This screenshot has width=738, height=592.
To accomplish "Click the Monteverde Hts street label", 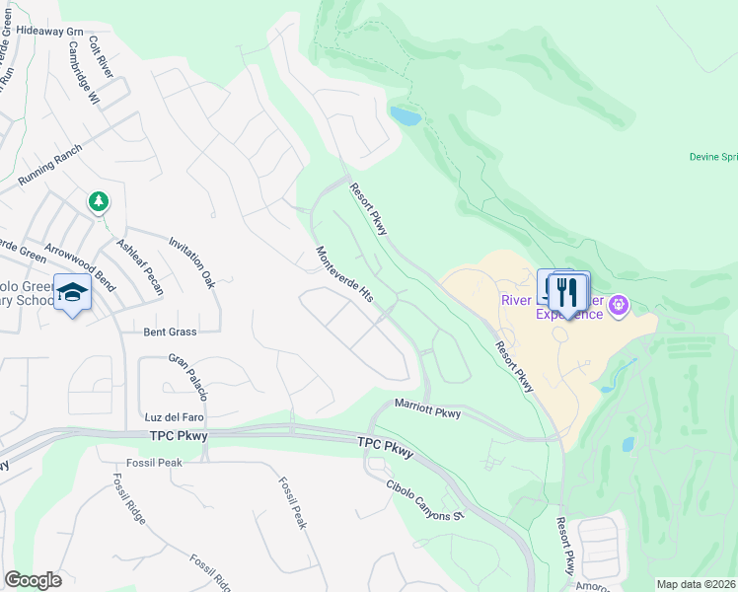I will tap(343, 273).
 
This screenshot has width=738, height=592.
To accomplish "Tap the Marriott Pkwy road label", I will tap(428, 408).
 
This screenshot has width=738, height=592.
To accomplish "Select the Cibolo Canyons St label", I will tap(425, 502).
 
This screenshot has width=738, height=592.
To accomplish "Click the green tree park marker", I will tap(98, 202).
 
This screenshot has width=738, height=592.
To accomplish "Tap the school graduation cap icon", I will tap(72, 292).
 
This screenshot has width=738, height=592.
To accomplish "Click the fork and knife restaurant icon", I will tap(567, 291).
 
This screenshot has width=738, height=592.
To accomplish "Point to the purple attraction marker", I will tap(619, 305).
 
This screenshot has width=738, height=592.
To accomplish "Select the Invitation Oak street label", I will tap(191, 261).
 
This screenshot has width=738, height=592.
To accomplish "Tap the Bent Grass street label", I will tap(170, 333).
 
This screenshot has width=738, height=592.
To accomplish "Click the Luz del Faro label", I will tap(173, 417).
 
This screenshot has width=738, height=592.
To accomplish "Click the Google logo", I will tap(33, 579).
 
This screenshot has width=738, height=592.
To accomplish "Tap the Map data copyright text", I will tap(696, 584).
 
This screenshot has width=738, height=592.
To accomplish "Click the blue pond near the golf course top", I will tap(406, 116).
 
